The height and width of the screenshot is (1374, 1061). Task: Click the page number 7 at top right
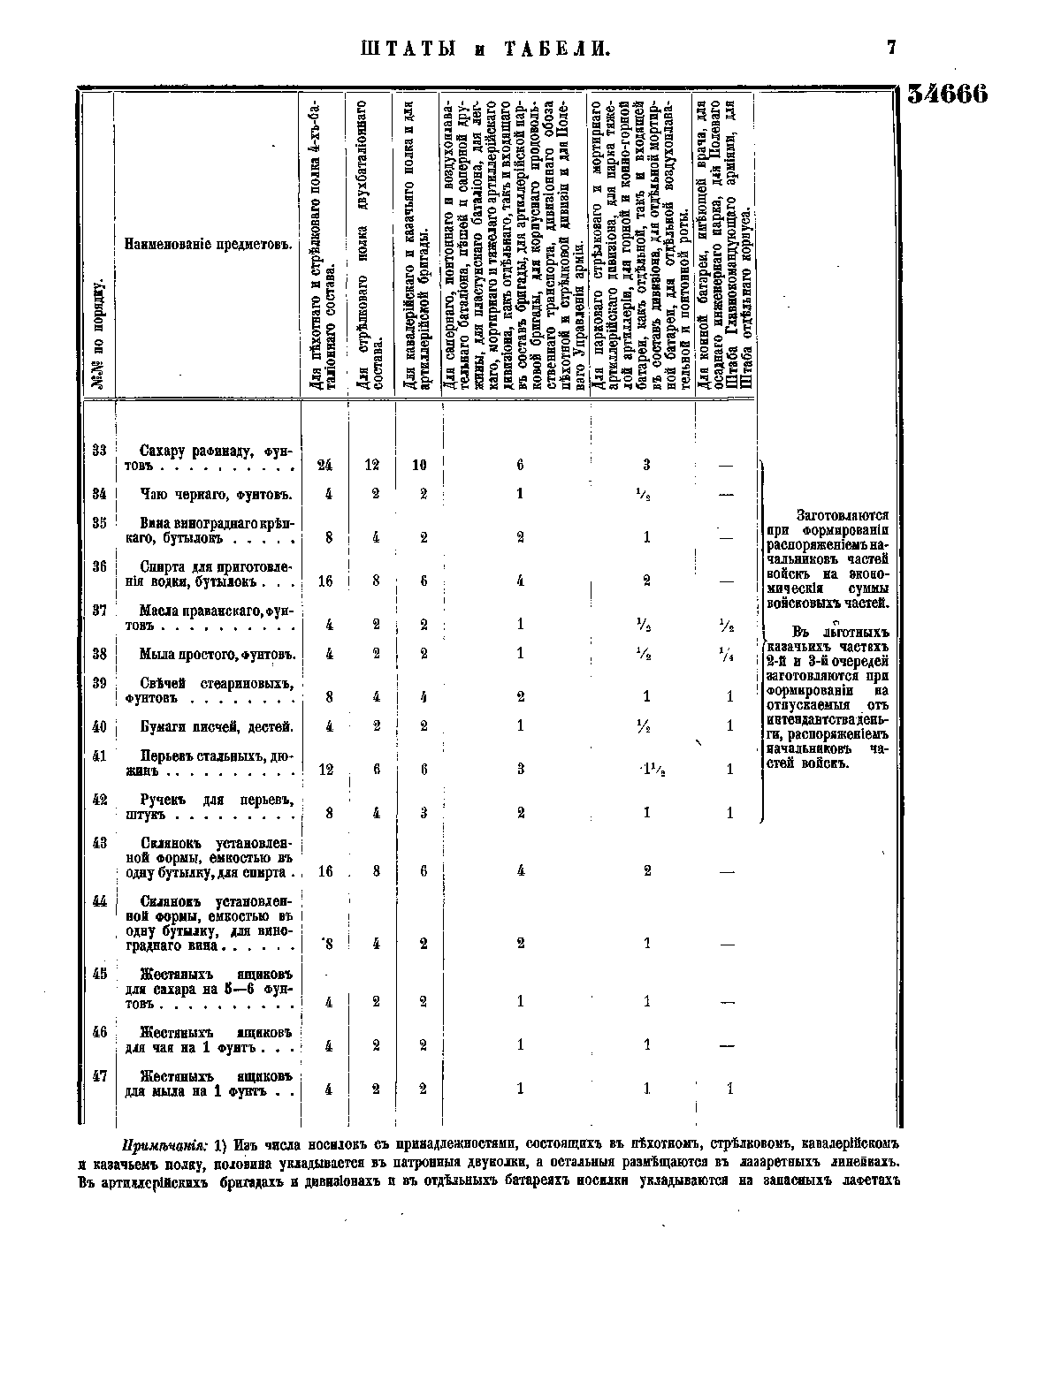pos(891,49)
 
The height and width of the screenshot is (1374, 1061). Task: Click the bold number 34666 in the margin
pos(947,95)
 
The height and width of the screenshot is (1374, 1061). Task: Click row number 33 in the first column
pos(99,452)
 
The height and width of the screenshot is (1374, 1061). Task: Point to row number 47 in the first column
pos(99,1076)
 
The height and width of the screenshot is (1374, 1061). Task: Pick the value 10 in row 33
pos(419,465)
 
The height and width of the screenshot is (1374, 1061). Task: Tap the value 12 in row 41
pos(325,770)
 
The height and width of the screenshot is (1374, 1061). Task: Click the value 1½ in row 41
pos(649,769)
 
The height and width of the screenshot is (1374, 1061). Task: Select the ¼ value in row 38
pos(729,655)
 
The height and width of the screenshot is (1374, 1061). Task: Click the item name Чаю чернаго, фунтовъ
pos(217,494)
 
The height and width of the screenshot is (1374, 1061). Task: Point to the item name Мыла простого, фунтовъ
pos(217,655)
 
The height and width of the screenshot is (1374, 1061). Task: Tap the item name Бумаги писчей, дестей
pos(217,727)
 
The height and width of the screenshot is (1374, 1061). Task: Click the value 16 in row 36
pos(325,581)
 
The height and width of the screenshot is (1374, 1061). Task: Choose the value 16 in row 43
pos(325,871)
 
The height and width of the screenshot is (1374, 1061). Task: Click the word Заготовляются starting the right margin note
pos(843,515)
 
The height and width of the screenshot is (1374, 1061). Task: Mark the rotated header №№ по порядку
pos(99,336)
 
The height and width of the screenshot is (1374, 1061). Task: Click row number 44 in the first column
pos(99,901)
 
